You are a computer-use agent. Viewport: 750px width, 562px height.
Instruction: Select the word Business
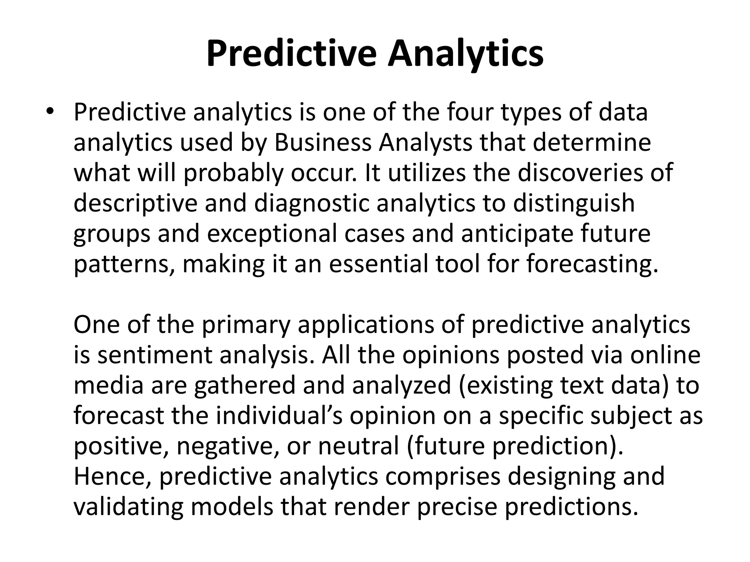323,143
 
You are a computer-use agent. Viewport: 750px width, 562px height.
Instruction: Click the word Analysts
426,143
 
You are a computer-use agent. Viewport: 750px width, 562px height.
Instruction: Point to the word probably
234,173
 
